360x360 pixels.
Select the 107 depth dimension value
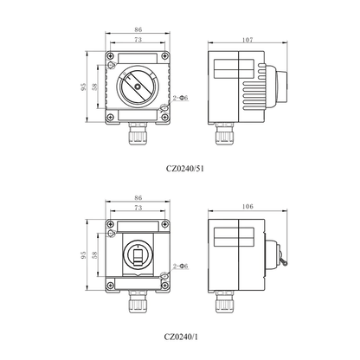tap(246, 39)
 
